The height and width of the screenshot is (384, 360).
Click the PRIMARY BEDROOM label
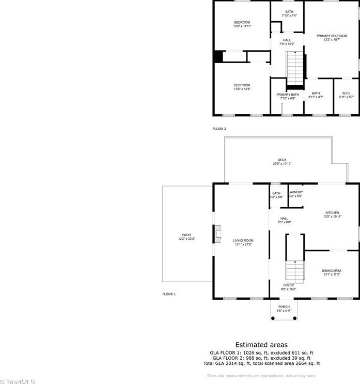(332, 36)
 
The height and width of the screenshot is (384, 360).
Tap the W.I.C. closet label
(347, 94)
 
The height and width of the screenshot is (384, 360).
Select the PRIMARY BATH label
(287, 95)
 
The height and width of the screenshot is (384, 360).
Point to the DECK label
(282, 160)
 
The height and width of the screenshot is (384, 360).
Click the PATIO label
(186, 235)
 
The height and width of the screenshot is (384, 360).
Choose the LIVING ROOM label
(243, 240)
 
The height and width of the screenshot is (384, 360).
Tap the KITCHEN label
(332, 213)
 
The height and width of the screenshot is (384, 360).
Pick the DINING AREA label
(331, 271)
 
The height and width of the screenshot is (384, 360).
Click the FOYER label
(288, 285)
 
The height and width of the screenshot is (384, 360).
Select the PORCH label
(284, 307)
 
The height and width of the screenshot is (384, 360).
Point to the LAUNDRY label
(296, 192)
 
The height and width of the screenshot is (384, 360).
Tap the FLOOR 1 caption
(169, 294)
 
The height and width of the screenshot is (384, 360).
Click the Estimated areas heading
(261, 345)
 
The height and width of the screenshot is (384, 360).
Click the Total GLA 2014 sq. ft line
(261, 363)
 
